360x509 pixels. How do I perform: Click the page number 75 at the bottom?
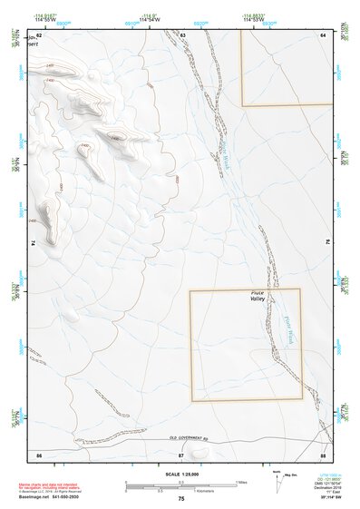pyautogui.click(x=181, y=499)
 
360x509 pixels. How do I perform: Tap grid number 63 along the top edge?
pyautogui.click(x=182, y=34)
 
